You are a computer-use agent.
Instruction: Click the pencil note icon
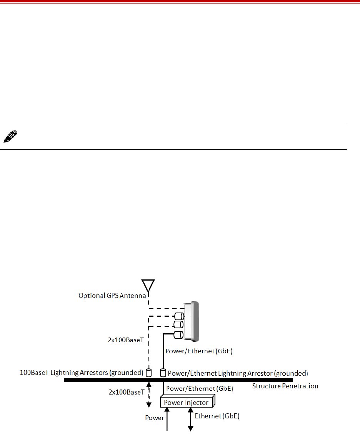10,137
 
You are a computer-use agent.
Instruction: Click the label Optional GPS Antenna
112,296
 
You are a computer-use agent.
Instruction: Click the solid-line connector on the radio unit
178,334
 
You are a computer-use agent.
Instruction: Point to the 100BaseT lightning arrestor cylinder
148,373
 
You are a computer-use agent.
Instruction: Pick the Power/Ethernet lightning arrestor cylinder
163,373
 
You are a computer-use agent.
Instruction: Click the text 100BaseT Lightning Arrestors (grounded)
81,373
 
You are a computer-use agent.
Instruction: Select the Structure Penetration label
285,386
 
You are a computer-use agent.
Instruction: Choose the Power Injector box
187,403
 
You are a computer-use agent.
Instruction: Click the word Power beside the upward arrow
155,417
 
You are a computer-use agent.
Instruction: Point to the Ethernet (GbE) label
217,416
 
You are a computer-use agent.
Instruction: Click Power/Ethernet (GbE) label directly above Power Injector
200,388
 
